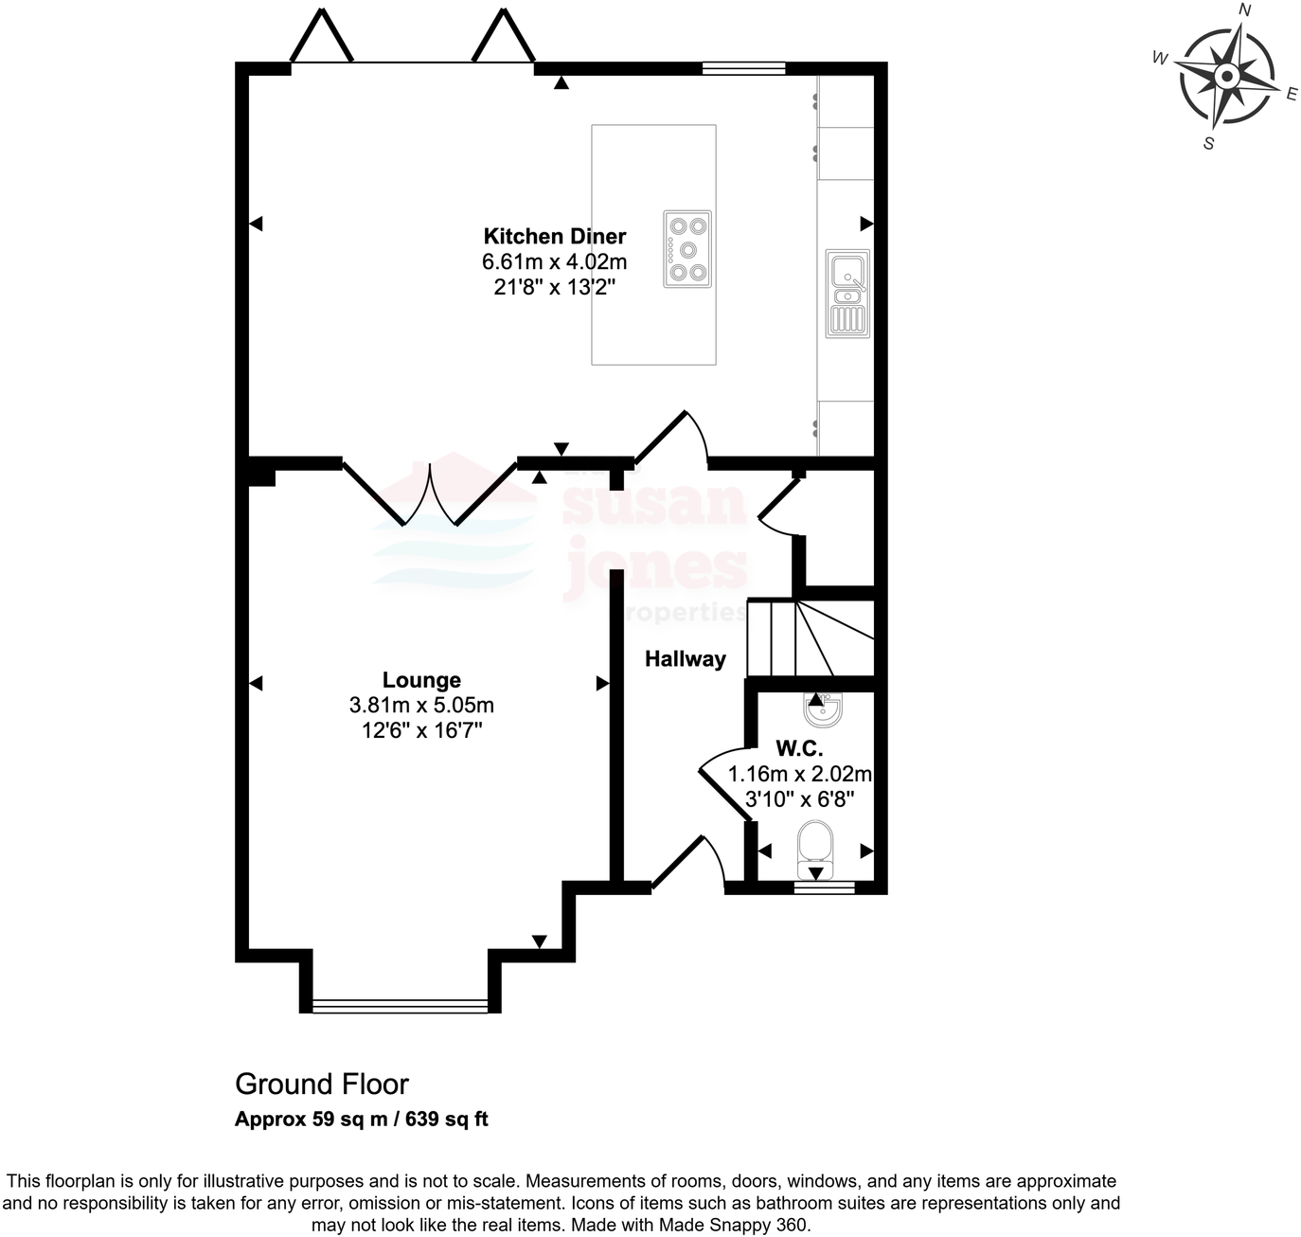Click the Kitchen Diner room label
click(x=555, y=237)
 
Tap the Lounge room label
click(x=421, y=680)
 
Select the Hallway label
click(x=685, y=659)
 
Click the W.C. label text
click(x=799, y=748)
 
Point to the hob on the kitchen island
click(x=686, y=249)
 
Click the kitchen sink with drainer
click(x=847, y=293)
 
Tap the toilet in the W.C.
click(x=815, y=849)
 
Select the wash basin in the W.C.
click(x=822, y=709)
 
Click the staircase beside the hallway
click(x=810, y=637)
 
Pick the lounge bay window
click(x=400, y=1006)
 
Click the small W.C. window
click(x=824, y=887)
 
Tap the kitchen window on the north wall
click(x=743, y=68)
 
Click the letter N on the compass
click(x=1245, y=10)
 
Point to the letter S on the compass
click(x=1208, y=144)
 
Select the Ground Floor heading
click(x=322, y=1085)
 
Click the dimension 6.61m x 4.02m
click(x=555, y=261)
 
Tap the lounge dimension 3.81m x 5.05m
click(x=421, y=706)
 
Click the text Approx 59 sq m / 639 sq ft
click(x=362, y=1120)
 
